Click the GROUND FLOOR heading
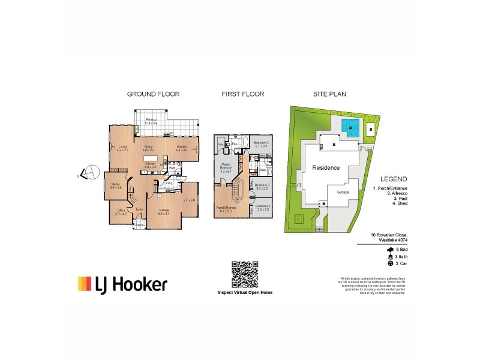point(153,94)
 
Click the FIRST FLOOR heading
point(242,94)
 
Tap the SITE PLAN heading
point(329,94)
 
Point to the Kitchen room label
point(149,164)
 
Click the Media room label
point(116,184)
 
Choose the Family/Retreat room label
point(226,209)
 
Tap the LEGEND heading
point(394,179)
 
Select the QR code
point(244,275)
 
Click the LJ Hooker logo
point(122,284)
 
